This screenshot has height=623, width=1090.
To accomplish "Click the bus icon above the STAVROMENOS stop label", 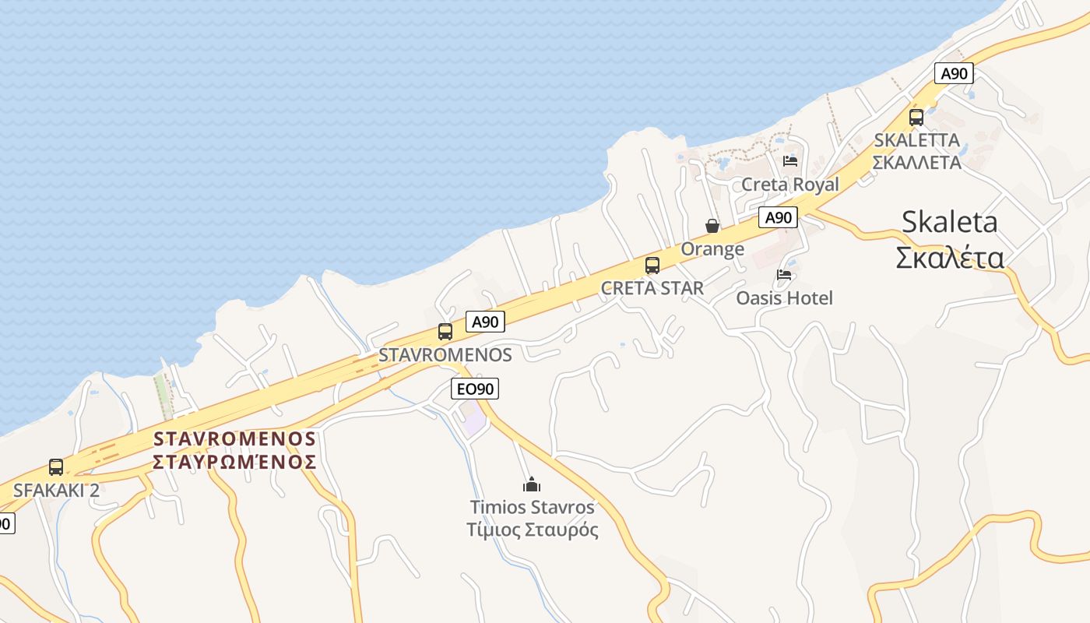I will (x=445, y=332).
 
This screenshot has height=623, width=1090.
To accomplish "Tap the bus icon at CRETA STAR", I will (x=652, y=266).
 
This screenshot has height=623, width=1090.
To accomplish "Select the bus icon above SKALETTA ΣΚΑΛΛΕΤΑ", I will (x=916, y=118).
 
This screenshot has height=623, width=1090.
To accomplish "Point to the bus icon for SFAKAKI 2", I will (x=56, y=467).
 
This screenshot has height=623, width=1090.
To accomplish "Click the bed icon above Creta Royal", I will (x=790, y=161).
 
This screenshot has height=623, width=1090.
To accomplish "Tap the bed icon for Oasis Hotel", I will (x=784, y=275).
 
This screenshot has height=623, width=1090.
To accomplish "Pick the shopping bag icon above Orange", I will (x=712, y=226).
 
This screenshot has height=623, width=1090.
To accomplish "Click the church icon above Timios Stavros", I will (x=532, y=484).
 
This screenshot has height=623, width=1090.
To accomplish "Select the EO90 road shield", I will (x=475, y=389).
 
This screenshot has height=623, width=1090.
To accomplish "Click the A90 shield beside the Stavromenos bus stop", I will (x=486, y=322).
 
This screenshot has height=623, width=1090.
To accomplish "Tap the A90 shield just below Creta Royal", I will (x=779, y=217).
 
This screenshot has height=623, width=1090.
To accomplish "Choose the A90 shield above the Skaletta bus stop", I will (x=954, y=74).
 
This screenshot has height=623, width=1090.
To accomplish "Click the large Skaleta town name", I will (x=949, y=222).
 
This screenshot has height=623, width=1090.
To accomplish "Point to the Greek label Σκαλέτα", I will (x=949, y=258).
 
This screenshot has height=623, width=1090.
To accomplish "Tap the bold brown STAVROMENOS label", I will (x=234, y=438).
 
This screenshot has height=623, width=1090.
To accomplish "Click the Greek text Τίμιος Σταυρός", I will (x=533, y=530).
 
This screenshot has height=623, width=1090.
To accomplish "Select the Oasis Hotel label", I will (x=784, y=297).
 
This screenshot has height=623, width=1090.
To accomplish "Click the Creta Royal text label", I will (x=790, y=185).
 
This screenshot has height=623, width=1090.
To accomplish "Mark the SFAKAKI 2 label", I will (x=56, y=490).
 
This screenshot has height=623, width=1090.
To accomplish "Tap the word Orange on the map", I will (x=712, y=249).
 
